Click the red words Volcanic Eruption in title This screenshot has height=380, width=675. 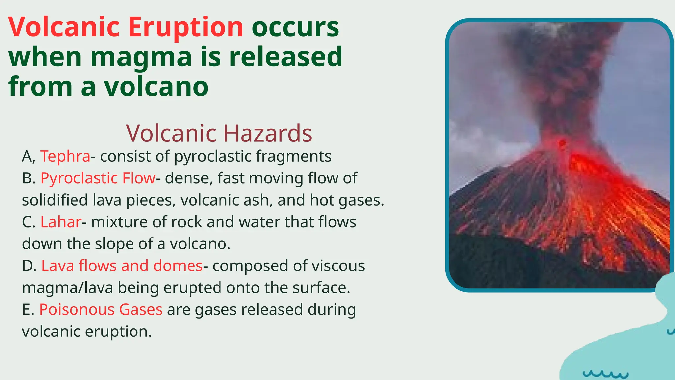click(x=126, y=27)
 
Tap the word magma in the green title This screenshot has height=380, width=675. click(x=141, y=57)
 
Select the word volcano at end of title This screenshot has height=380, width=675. click(x=156, y=86)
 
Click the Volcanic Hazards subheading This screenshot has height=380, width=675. click(x=219, y=133)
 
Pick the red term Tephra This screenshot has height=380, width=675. click(x=65, y=156)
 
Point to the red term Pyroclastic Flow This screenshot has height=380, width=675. click(x=98, y=178)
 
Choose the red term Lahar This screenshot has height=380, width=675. click(x=61, y=222)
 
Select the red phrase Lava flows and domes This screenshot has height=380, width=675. click(x=122, y=266)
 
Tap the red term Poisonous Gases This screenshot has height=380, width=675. click(x=101, y=310)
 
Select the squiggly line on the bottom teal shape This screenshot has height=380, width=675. click(x=605, y=374)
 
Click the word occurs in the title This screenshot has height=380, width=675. click(x=295, y=27)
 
